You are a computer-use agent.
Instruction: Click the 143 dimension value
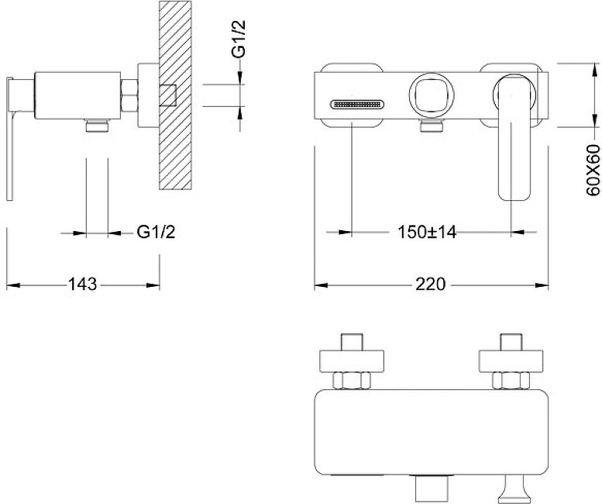coord(83,285)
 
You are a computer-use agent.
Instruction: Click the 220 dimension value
coord(430,285)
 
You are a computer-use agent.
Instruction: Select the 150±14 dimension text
coord(427,232)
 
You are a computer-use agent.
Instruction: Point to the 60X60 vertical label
coord(593,170)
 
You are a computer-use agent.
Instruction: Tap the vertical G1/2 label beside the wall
coord(239,39)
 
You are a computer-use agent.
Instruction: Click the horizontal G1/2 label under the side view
coord(156,232)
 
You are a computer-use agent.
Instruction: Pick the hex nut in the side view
coord(129,95)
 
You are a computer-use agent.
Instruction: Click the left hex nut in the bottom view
coord(352,381)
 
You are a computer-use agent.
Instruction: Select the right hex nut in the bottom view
coord(511,381)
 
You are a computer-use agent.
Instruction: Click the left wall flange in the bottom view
coord(352,361)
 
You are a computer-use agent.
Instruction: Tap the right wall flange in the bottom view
coord(511,361)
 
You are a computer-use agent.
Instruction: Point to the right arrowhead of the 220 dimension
coord(542,285)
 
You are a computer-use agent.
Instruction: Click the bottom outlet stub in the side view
coord(97,126)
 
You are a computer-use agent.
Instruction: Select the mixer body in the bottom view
coord(432,433)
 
